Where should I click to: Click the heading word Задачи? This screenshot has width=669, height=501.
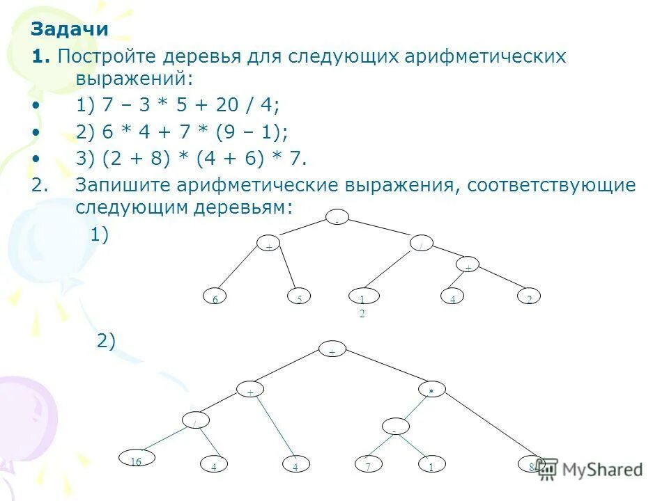[x=69, y=29]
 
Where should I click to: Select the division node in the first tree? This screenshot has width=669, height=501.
[x=422, y=244]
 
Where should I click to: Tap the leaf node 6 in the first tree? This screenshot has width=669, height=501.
[x=215, y=298]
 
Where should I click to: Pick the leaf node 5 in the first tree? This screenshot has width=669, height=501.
[x=299, y=298]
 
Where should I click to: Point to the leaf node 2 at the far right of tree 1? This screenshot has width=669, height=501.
[x=529, y=298]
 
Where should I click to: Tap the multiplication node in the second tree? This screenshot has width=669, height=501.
[x=431, y=392]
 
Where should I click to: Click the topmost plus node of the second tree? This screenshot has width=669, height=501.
[x=332, y=351]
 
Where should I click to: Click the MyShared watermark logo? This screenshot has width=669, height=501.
[x=590, y=469]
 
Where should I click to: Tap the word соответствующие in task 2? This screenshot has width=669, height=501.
[x=552, y=186]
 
